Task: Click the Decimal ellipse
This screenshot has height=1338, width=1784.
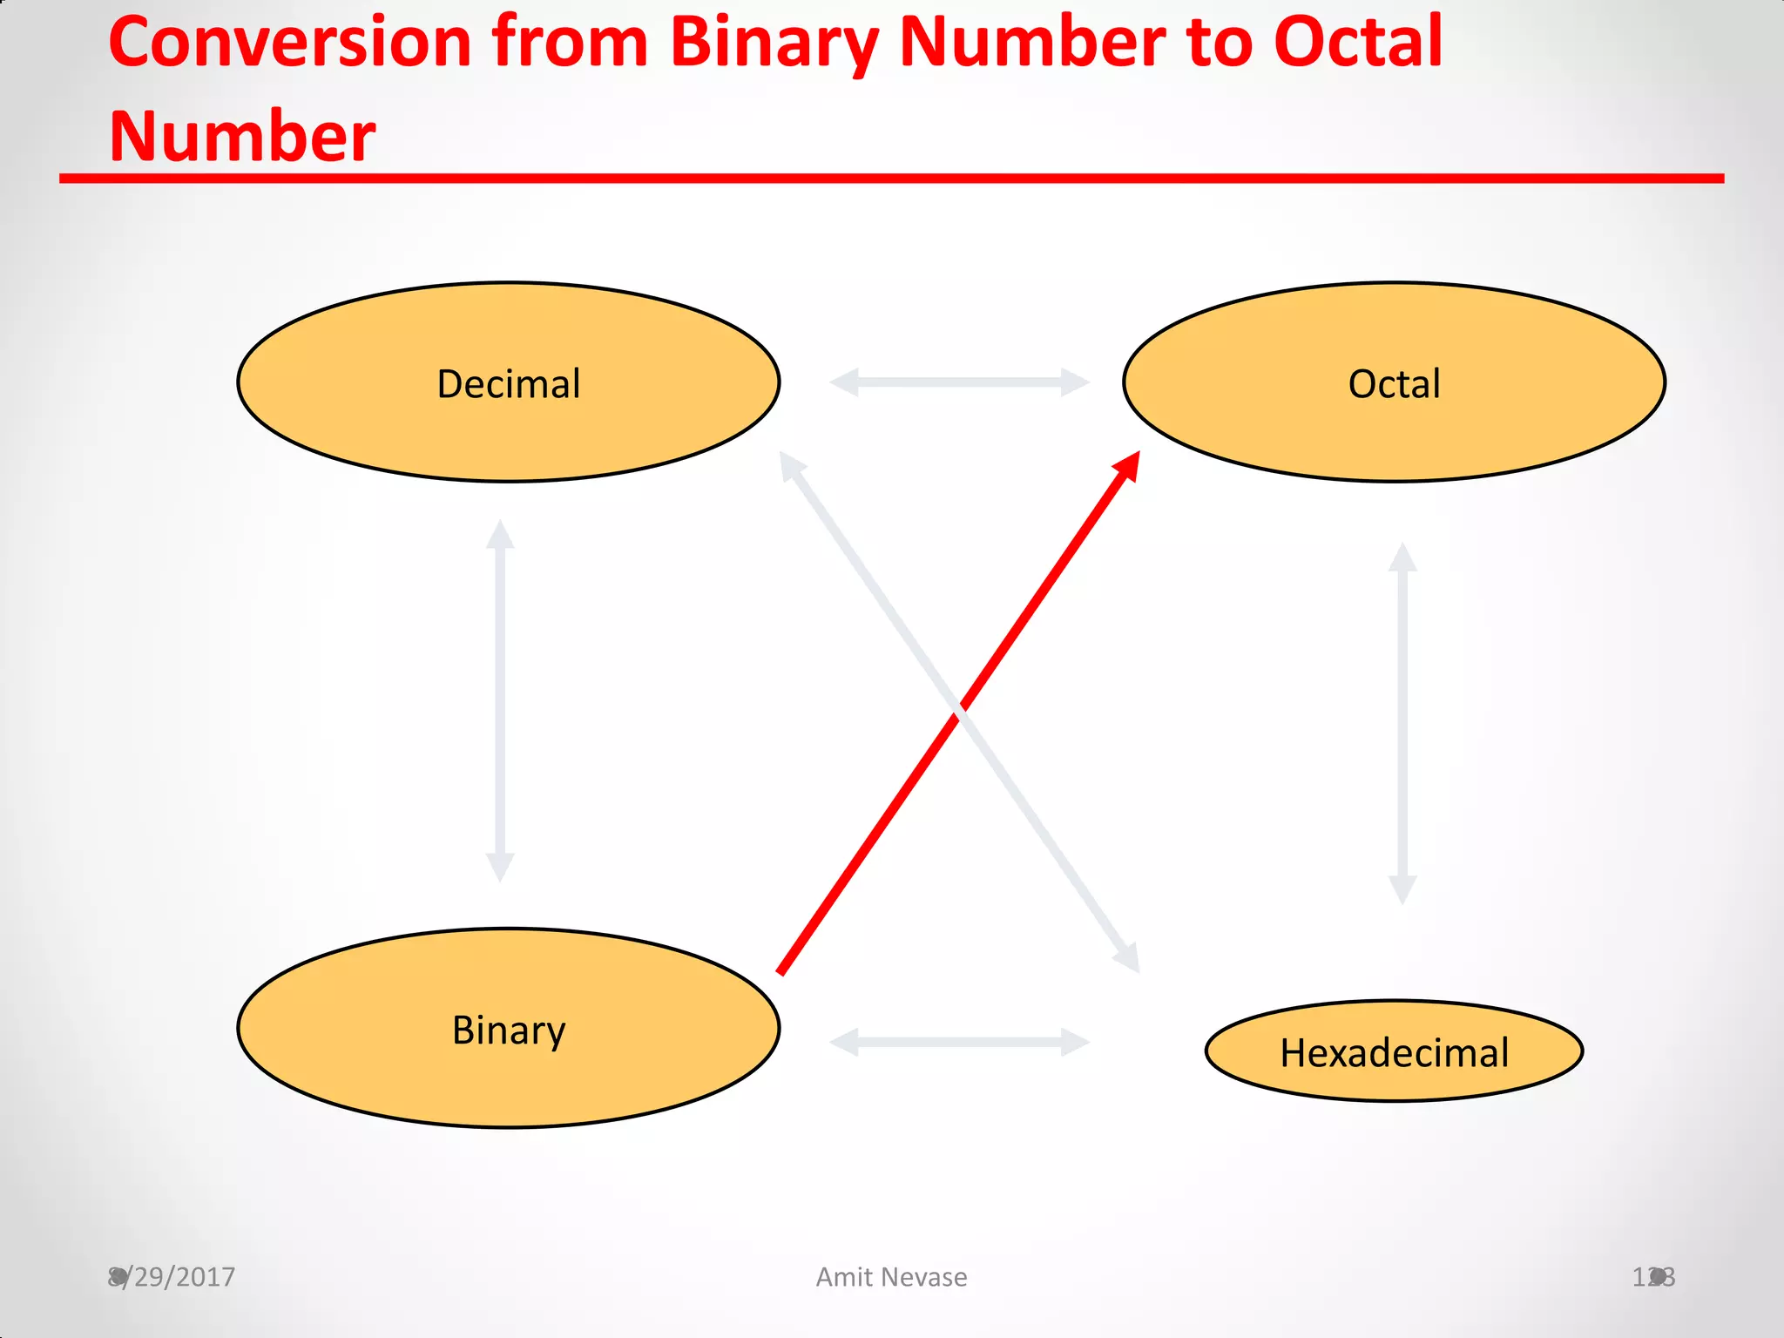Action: [x=508, y=382]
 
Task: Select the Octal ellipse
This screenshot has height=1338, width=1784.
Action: [x=1394, y=382]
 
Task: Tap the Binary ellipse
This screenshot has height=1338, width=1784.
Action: [x=508, y=1029]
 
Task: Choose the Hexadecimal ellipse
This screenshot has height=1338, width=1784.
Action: [x=1394, y=1051]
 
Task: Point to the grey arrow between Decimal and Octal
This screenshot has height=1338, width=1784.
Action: [x=959, y=382]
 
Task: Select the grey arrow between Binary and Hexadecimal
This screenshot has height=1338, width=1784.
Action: [x=959, y=1042]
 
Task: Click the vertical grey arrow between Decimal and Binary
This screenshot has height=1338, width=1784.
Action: [x=500, y=701]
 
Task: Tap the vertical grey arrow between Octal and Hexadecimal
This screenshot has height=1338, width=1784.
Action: [x=1402, y=723]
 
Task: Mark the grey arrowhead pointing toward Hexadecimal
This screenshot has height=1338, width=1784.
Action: [x=1129, y=958]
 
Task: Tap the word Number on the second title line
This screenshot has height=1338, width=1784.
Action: [x=242, y=137]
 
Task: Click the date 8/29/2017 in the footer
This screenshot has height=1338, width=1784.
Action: [x=172, y=1277]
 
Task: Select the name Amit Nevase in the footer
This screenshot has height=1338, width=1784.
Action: [x=891, y=1277]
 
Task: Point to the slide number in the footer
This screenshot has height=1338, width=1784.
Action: [x=1652, y=1277]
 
